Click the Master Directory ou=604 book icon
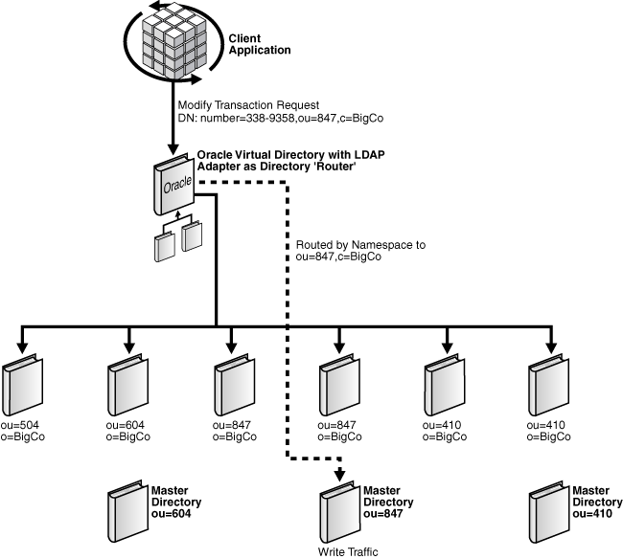click(126, 501)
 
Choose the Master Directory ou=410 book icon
click(550, 501)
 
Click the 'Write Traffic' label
click(349, 551)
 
